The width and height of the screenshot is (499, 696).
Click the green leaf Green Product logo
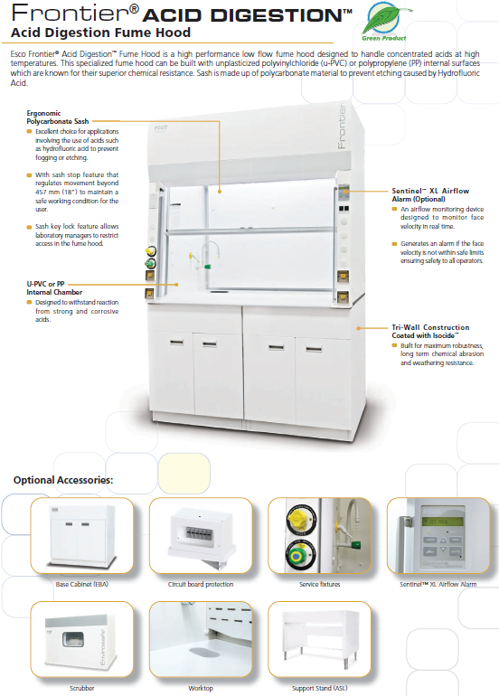[384, 21]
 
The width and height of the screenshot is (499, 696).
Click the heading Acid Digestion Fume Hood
[100, 33]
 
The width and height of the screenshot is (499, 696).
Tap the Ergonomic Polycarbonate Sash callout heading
[57, 118]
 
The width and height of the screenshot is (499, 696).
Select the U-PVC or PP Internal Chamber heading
[54, 288]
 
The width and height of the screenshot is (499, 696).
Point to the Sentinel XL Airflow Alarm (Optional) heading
[430, 195]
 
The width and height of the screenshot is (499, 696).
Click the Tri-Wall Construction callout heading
[430, 331]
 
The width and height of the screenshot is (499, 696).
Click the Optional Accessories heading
[63, 480]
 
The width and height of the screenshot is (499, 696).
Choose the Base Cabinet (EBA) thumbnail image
[81, 535]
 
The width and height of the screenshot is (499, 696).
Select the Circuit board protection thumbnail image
[201, 535]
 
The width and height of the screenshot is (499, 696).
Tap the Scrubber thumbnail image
[81, 639]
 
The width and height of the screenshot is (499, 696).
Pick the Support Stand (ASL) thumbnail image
[319, 639]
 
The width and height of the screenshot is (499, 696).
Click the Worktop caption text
[201, 688]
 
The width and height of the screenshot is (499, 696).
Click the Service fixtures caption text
[320, 584]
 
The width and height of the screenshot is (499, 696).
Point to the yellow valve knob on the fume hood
[150, 251]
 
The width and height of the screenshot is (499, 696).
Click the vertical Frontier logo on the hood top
[341, 127]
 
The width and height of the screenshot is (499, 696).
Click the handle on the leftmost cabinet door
[176, 343]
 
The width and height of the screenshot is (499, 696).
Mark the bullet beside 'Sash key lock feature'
[29, 227]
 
